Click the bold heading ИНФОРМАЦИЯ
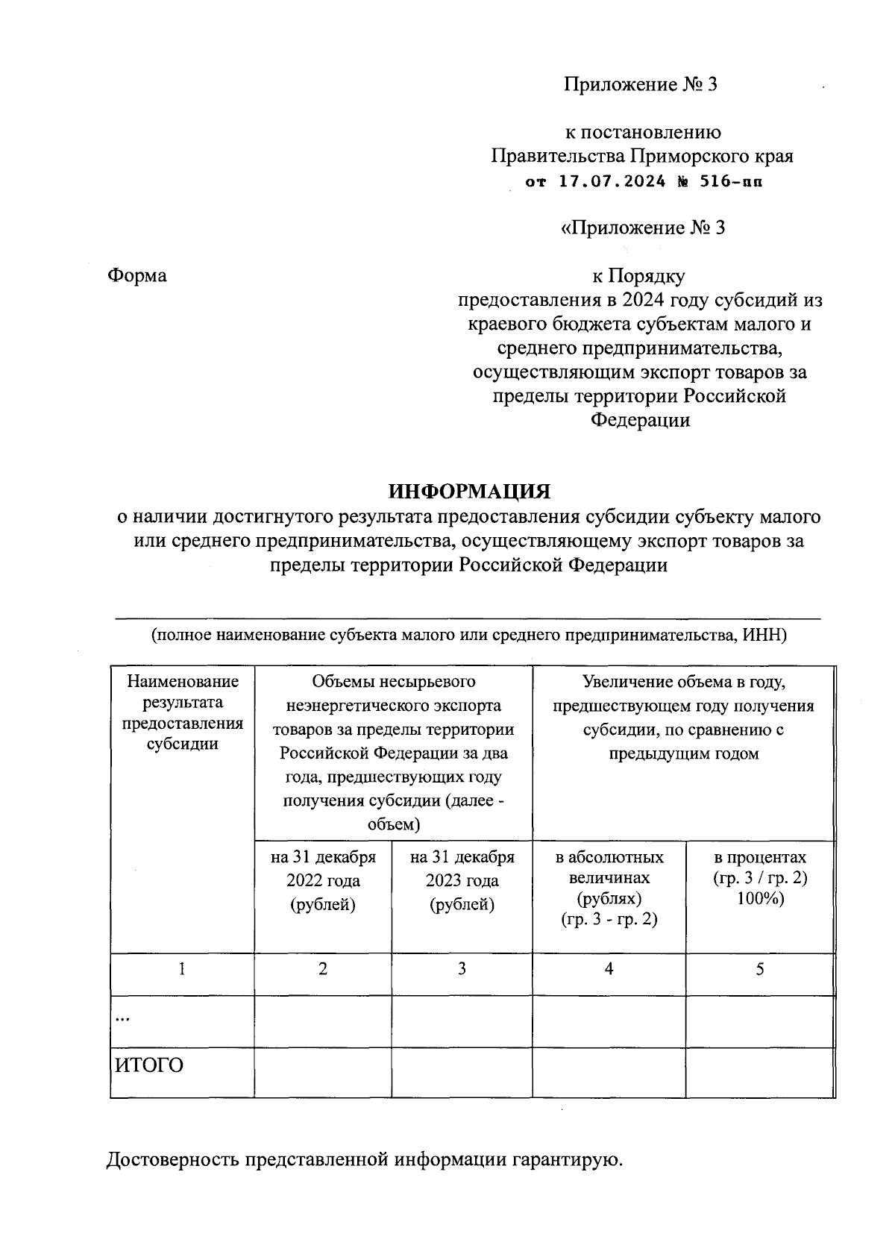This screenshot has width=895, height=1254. [469, 491]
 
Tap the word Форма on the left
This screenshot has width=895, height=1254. [137, 276]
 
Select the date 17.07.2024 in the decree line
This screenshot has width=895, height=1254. [612, 181]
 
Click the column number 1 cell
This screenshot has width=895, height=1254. [182, 969]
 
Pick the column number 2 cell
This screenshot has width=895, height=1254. [323, 969]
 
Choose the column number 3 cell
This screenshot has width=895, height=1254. [462, 969]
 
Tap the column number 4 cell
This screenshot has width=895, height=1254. [609, 969]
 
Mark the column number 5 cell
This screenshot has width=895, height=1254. [760, 969]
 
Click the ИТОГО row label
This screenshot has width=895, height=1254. [148, 1065]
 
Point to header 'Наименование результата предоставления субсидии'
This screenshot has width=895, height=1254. [182, 712]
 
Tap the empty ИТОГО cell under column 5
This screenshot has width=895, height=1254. [760, 1072]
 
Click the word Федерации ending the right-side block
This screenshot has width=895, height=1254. [640, 420]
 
